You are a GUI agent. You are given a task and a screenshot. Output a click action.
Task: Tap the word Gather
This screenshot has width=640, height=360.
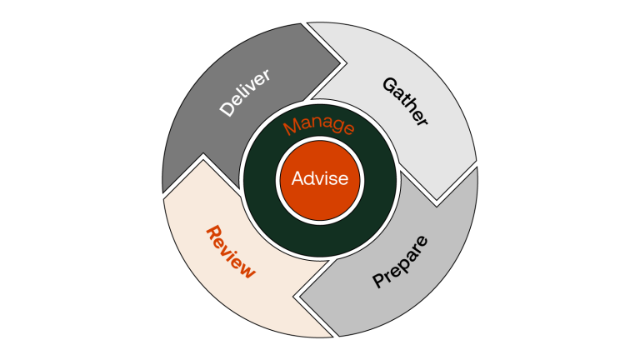405,101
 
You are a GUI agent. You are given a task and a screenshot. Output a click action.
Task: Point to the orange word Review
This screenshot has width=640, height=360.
230,250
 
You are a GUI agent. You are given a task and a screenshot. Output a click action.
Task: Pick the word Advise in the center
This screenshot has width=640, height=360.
320,177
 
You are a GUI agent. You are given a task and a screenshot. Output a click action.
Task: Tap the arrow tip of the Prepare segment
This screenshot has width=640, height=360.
300,296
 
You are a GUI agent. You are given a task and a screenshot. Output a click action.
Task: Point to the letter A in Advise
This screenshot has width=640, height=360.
297,177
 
